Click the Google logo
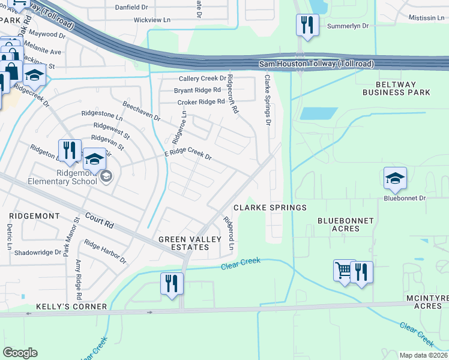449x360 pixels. pos(20,353)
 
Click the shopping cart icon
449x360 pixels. pos(343,271)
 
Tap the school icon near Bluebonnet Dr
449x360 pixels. pos(395,178)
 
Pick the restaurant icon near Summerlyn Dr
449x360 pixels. pos(307,25)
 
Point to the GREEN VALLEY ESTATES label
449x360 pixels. pos(186,244)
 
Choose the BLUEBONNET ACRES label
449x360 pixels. pos(345,224)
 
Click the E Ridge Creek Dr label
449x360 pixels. pos(188,155)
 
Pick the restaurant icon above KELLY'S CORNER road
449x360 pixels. pos(171,283)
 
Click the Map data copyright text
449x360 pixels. pos(423,355)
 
